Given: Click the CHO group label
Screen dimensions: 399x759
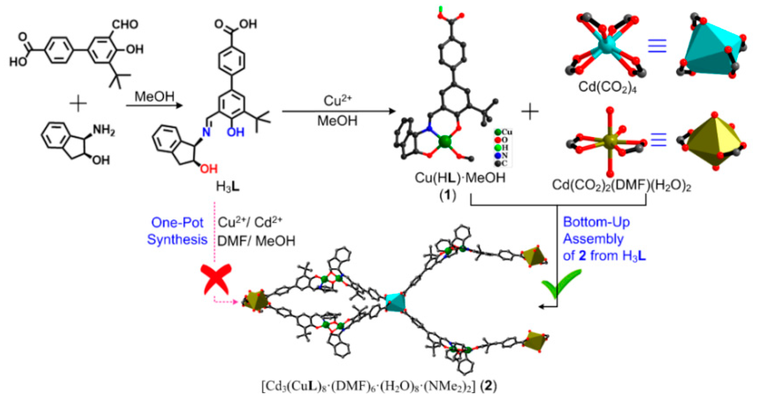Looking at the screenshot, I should pos(125,24).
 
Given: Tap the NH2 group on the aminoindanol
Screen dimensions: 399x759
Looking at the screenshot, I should pos(104,131).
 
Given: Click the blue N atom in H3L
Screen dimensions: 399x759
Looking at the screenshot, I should pos(206,132).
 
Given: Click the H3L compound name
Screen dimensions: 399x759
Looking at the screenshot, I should pos(228,187).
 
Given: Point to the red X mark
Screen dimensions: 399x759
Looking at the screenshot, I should pos(216,279).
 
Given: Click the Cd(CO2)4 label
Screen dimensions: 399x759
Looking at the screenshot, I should pos(607,87).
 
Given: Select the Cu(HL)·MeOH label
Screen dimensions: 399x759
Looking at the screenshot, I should pos(460,178).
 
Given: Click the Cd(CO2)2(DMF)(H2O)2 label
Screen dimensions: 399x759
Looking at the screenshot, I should pos(621,185).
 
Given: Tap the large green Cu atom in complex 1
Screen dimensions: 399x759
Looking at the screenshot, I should pos(445,142).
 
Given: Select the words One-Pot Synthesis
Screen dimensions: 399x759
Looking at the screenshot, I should pos(177,231).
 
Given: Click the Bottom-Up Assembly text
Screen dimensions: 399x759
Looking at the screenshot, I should pos(596,231).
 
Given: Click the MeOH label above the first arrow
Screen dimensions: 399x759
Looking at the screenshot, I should pos(154,96).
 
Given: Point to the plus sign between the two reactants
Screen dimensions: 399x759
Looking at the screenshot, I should pos(78,104).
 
